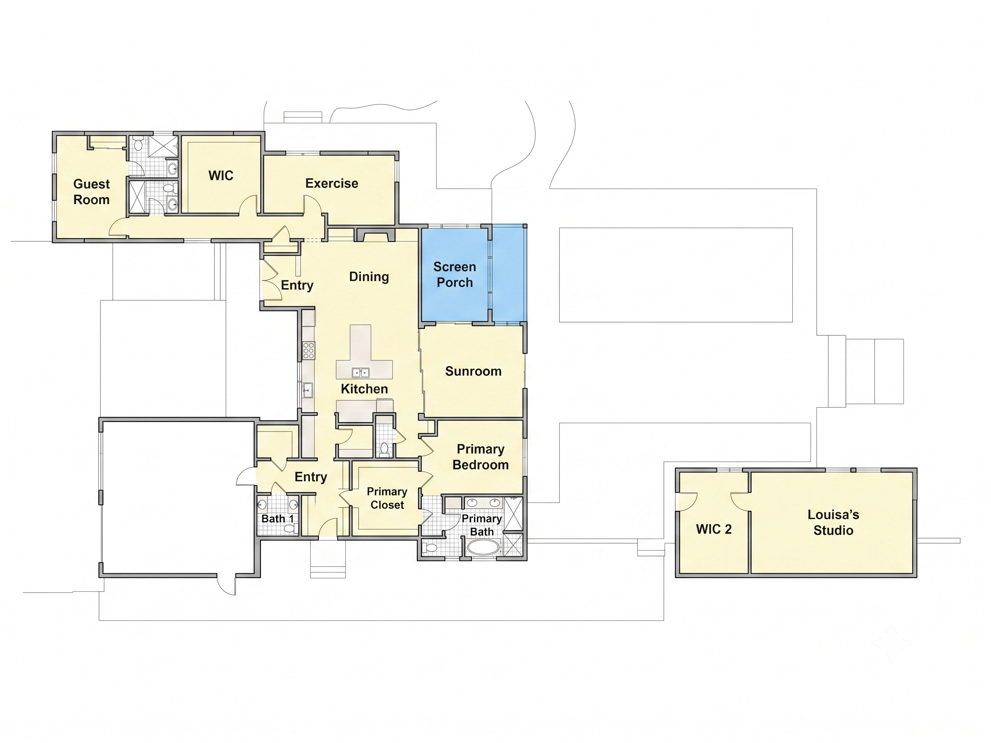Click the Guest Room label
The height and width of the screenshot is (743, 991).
click(x=91, y=192)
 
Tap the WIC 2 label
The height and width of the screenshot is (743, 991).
click(x=714, y=529)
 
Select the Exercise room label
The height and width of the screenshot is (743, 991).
click(x=332, y=183)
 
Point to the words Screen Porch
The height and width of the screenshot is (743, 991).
click(x=455, y=274)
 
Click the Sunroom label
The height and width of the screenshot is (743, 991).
click(x=473, y=371)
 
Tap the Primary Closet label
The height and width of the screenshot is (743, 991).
click(x=387, y=498)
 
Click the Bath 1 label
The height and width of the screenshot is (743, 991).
click(x=278, y=519)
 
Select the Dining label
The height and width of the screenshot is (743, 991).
click(x=369, y=277)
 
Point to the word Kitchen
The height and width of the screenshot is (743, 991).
click(x=364, y=389)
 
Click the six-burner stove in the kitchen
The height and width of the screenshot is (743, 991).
click(x=308, y=350)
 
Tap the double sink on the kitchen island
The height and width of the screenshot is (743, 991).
click(x=361, y=373)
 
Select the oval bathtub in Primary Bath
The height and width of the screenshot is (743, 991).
click(x=483, y=547)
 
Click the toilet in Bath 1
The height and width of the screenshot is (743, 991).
click(x=290, y=529)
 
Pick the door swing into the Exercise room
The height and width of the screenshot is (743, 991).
click(x=313, y=206)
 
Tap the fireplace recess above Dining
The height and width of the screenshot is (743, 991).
click(x=375, y=236)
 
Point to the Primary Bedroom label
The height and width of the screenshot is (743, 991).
click(x=480, y=457)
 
